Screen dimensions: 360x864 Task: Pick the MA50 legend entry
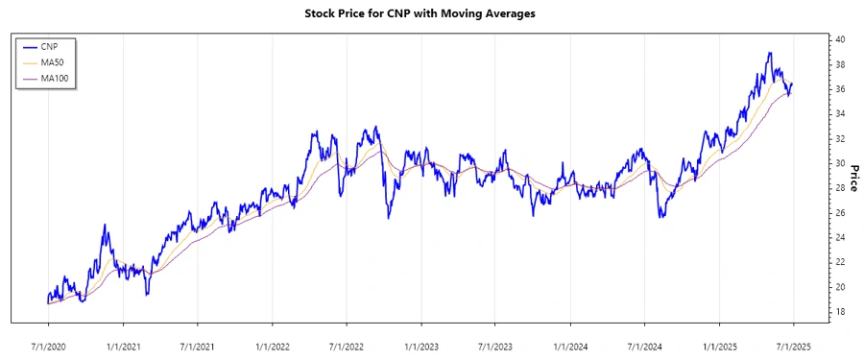pos(54,61)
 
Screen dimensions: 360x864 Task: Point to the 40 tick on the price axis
pos(839,39)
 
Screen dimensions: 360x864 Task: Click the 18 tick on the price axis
pos(839,311)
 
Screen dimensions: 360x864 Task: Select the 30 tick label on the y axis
pos(839,163)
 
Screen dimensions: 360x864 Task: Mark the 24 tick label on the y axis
pos(839,237)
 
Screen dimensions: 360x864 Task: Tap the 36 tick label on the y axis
pos(839,89)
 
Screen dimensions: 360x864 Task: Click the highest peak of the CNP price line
pos(770,53)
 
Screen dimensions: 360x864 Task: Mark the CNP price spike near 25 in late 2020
pos(105,225)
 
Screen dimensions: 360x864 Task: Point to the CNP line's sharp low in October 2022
pos(389,218)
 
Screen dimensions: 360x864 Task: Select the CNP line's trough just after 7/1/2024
pos(660,217)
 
